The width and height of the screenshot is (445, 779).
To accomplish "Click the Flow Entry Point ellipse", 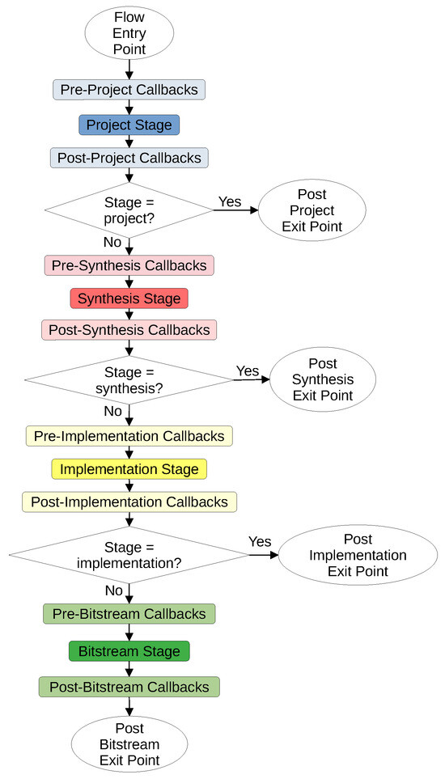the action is [129, 33].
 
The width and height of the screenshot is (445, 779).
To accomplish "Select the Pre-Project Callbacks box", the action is [129, 90].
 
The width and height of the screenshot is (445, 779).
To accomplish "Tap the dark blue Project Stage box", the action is [129, 125].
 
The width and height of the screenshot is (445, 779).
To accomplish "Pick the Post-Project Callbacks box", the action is [129, 158].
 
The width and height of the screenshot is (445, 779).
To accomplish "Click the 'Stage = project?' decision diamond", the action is [129, 210].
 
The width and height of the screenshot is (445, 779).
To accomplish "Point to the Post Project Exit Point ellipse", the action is [312, 210].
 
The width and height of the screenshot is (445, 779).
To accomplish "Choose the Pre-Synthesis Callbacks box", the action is [129, 265].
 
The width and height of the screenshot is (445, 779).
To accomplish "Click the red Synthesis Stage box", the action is [129, 298].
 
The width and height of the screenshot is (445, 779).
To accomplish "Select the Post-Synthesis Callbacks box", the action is [129, 330].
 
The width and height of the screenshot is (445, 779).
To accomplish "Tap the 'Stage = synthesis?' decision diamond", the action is [129, 380].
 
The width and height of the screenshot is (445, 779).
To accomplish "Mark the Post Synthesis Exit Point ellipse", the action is [323, 379].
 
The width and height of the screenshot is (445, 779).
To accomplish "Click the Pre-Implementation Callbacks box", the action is [129, 436].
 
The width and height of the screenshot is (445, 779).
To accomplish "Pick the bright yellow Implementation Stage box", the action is [129, 469].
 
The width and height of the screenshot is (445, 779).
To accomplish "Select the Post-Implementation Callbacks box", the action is [129, 502].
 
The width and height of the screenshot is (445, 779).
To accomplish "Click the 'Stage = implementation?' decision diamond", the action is [129, 556].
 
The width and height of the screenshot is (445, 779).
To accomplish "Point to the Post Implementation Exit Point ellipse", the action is [358, 555].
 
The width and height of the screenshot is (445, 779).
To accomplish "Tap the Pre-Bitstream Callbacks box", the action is [129, 614].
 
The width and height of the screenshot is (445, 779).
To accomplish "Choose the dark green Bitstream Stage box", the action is [129, 651].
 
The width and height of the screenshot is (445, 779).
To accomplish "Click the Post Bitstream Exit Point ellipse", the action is [129, 744].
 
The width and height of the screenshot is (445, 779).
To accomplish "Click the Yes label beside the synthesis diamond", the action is [248, 370].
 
